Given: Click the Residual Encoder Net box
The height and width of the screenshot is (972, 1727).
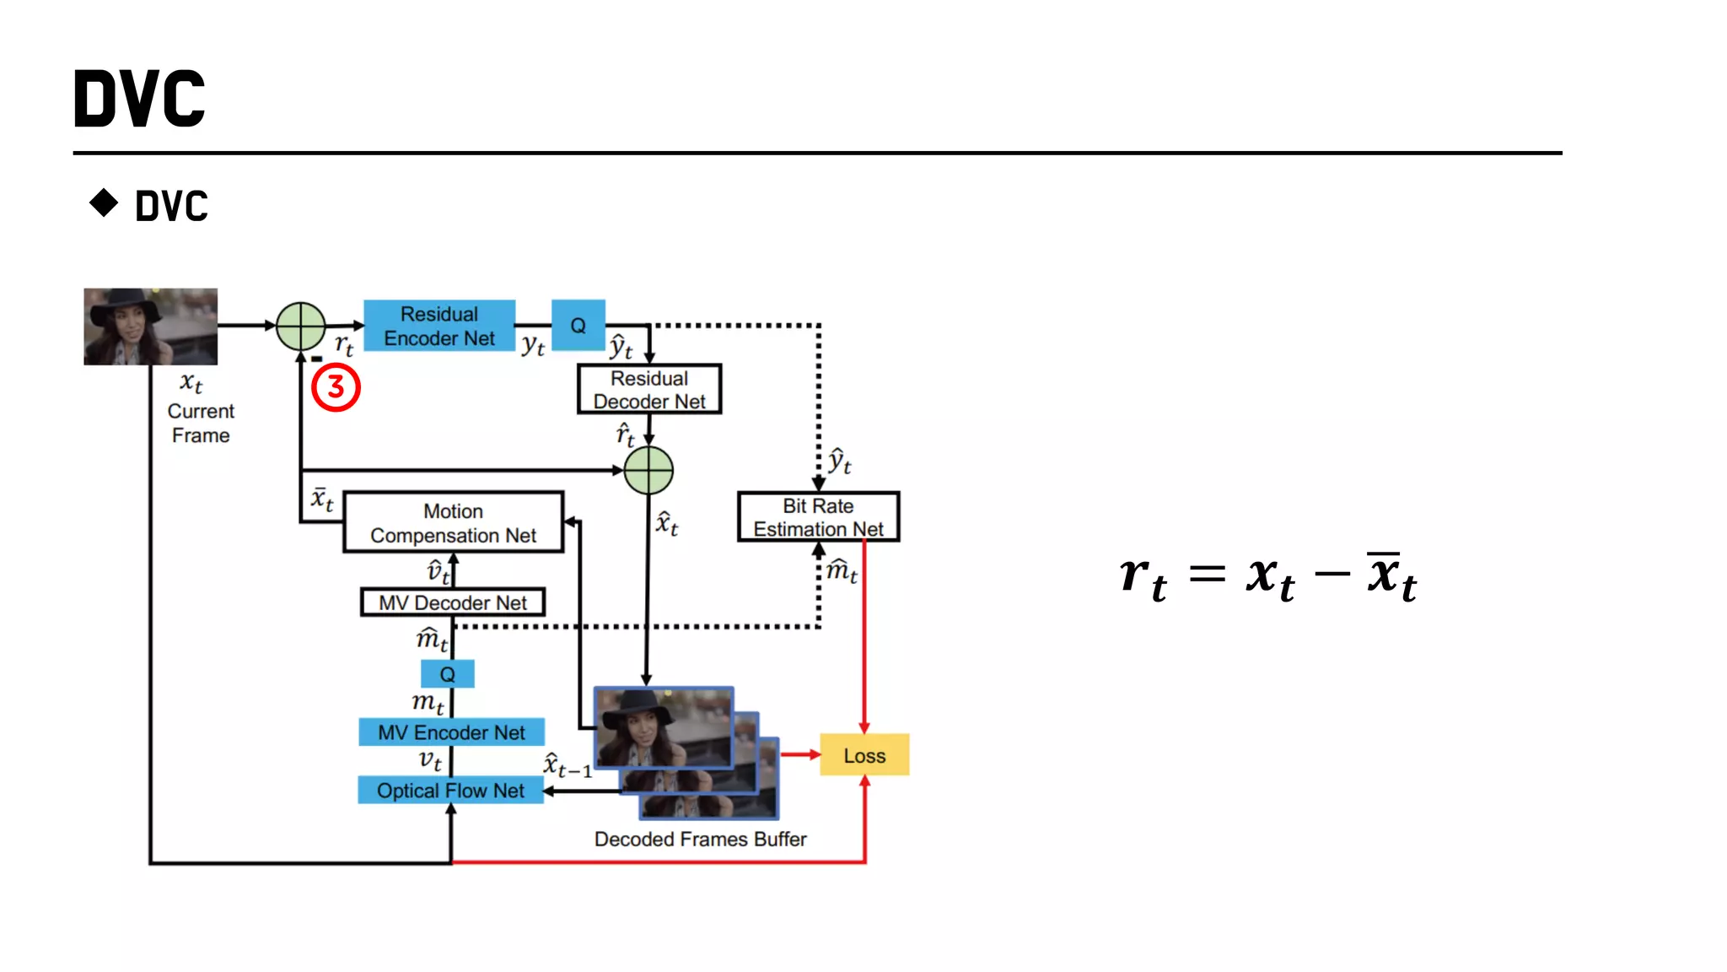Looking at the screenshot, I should [438, 326].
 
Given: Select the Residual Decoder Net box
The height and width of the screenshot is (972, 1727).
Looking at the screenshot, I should [648, 389].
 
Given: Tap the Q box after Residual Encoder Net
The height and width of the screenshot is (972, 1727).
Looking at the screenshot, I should [578, 325].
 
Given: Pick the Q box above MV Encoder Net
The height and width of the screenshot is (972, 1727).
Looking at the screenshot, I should [447, 674].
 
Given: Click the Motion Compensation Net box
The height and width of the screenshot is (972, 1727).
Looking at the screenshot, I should [453, 522].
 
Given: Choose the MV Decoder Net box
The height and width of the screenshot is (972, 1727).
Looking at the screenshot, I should [452, 602].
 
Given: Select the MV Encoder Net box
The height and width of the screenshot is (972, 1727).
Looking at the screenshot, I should [451, 732].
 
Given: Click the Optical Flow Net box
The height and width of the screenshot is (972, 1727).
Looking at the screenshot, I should [450, 791].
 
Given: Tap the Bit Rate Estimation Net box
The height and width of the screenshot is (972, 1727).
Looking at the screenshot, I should [817, 516].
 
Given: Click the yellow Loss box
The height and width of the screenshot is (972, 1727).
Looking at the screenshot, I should [864, 755].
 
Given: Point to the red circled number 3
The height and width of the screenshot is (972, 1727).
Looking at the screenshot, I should [336, 387].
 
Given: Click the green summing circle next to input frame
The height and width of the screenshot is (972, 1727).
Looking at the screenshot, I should [300, 326].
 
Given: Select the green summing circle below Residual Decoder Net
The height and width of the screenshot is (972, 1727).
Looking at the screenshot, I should [648, 470].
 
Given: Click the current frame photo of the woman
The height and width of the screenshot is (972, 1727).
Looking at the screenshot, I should [150, 327].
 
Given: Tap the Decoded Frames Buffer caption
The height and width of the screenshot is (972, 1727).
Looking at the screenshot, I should [700, 840].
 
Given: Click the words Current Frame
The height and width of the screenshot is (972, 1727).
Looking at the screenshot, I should [200, 423].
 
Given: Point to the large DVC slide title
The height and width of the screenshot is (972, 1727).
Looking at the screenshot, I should [140, 99].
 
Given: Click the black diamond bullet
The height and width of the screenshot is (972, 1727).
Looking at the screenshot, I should [104, 202].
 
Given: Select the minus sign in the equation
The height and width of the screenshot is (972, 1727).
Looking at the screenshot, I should [1332, 575].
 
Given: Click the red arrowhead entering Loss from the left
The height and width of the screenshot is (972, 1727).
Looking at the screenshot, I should [815, 754].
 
